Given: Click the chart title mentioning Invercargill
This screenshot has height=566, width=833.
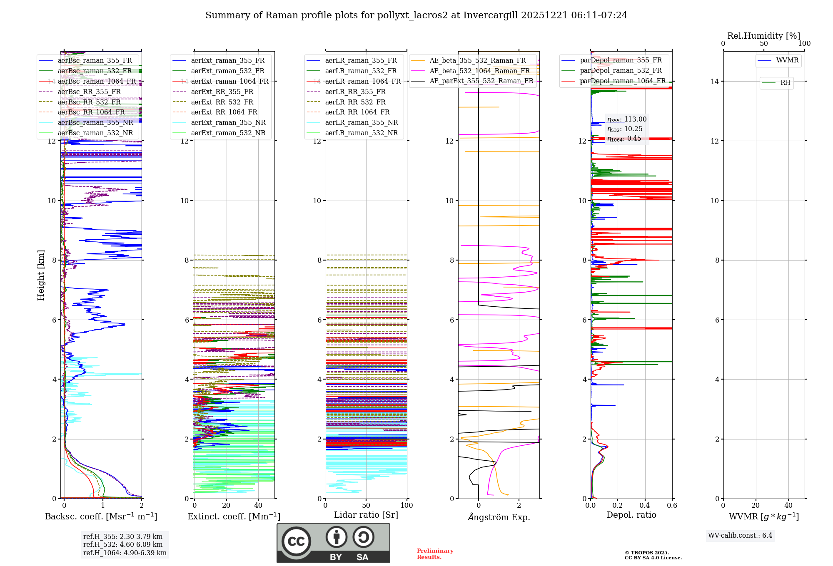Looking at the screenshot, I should pyautogui.click(x=416, y=15).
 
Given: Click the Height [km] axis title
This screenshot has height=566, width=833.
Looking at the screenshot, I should pyautogui.click(x=41, y=275).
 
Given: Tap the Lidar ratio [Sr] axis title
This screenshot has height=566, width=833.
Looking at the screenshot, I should pyautogui.click(x=366, y=515).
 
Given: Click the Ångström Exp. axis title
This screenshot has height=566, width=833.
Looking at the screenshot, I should pyautogui.click(x=499, y=517).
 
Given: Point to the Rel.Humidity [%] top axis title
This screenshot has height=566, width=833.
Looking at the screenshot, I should pyautogui.click(x=763, y=36).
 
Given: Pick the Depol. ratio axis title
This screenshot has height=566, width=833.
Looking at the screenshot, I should pyautogui.click(x=631, y=515).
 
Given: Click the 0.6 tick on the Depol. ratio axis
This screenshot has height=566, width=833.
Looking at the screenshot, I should pyautogui.click(x=672, y=506).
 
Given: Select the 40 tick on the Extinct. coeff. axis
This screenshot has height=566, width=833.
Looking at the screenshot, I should pyautogui.click(x=258, y=506).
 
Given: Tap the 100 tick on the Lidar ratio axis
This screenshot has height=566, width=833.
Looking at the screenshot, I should pyautogui.click(x=407, y=506).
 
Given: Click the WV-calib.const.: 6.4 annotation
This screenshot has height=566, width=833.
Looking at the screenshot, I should pyautogui.click(x=740, y=536).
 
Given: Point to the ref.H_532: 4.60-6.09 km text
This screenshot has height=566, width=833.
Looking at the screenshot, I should pyautogui.click(x=123, y=545).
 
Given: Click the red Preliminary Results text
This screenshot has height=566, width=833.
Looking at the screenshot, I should pyautogui.click(x=435, y=554).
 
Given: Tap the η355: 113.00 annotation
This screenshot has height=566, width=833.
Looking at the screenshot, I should pyautogui.click(x=627, y=119).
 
